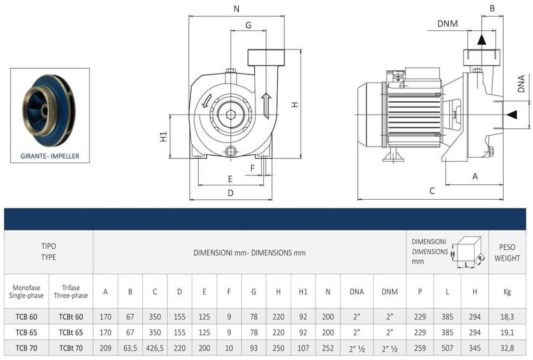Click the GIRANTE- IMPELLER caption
(50, 157)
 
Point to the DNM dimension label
(447, 23)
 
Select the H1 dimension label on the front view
(164, 137)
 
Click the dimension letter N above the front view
(236, 9)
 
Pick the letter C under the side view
(432, 190)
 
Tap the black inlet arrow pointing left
(512, 114)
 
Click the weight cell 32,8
(507, 349)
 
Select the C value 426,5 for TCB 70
(155, 349)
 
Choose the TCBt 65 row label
(71, 333)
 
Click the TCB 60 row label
(26, 317)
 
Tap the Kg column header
(507, 291)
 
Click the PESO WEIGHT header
(507, 252)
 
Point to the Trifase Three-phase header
(71, 291)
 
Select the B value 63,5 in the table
(130, 349)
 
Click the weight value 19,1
(507, 333)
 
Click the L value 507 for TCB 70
(446, 349)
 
